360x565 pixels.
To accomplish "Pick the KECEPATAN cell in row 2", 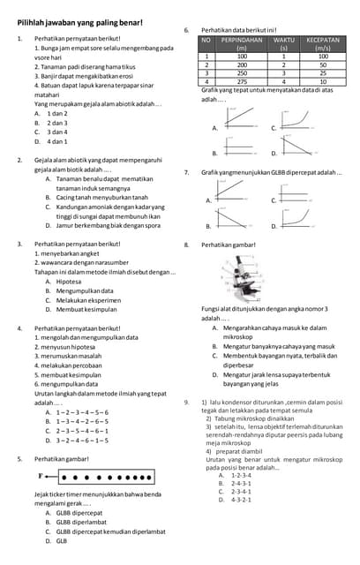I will coord(323,64).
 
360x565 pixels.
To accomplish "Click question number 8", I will coord(187,244).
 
